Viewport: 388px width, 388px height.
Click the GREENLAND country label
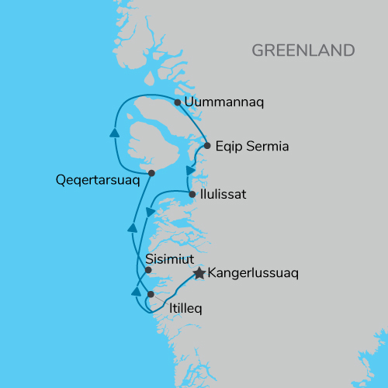pyautogui.click(x=303, y=50)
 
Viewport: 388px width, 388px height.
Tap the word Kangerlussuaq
pyautogui.click(x=255, y=273)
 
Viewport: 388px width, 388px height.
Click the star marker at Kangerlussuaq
pyautogui.click(x=199, y=273)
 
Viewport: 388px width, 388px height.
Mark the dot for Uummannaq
pyautogui.click(x=178, y=102)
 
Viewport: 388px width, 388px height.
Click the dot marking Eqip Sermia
pyautogui.click(x=207, y=145)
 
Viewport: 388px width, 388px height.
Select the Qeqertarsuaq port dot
pyautogui.click(x=151, y=173)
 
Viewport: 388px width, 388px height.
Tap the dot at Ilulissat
pyautogui.click(x=192, y=194)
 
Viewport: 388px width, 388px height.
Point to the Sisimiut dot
pyautogui.click(x=148, y=270)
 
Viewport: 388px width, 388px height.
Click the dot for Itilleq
pyautogui.click(x=151, y=294)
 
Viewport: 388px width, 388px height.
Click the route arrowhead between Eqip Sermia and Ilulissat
pyautogui.click(x=190, y=169)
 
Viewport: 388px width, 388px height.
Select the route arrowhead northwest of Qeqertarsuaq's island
pyautogui.click(x=115, y=133)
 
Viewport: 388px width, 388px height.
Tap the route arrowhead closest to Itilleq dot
pyautogui.click(x=136, y=292)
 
